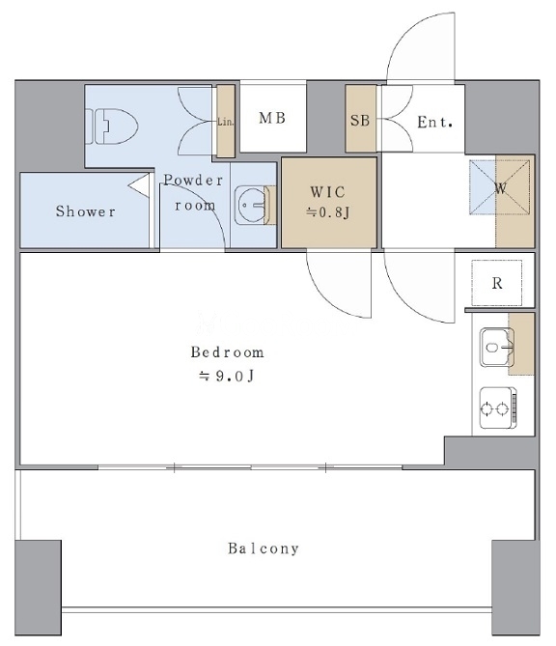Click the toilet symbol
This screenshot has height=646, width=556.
[x=112, y=126]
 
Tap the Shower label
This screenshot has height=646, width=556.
[x=86, y=211]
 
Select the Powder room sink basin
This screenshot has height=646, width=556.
[x=251, y=205]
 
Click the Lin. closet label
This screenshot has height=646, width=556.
[x=225, y=122]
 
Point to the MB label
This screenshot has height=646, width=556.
[x=272, y=118]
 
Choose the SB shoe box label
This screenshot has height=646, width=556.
[x=360, y=121]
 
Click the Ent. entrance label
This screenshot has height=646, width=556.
[x=435, y=122]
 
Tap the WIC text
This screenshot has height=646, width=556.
[x=328, y=192]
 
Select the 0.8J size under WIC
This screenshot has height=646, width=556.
[x=328, y=212]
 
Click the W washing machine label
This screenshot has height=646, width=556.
[x=500, y=188]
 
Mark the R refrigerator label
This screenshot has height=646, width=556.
[x=497, y=284]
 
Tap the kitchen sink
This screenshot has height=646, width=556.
[x=497, y=347]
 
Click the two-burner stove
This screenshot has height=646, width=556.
[x=498, y=407]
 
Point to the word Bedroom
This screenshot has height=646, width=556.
[x=228, y=352]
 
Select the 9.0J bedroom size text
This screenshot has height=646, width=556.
[x=227, y=376]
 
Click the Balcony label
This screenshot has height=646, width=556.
[x=264, y=548]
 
